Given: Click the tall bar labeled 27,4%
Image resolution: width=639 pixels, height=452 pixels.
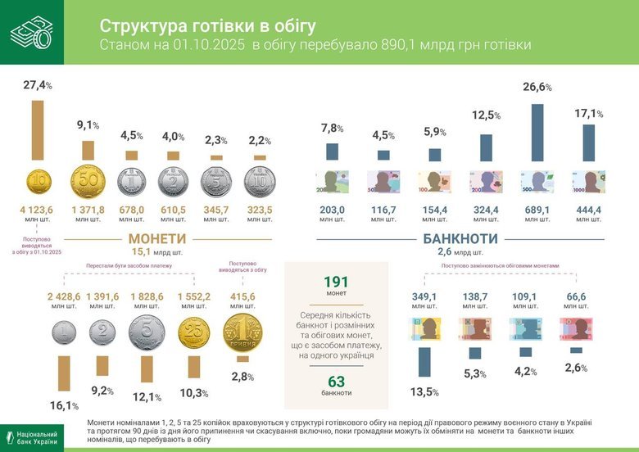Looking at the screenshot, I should coord(38,130).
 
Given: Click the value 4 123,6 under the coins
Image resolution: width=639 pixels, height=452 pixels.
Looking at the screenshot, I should coord(37,210).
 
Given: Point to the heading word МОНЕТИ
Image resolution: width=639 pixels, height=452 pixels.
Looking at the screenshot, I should coord(155,239).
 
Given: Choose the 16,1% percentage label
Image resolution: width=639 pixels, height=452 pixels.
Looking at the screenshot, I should coord(63,405).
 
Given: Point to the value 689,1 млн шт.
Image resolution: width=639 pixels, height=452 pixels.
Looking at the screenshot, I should coord(537,210).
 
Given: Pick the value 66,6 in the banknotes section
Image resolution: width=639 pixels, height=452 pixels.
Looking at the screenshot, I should coord(577,296).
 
